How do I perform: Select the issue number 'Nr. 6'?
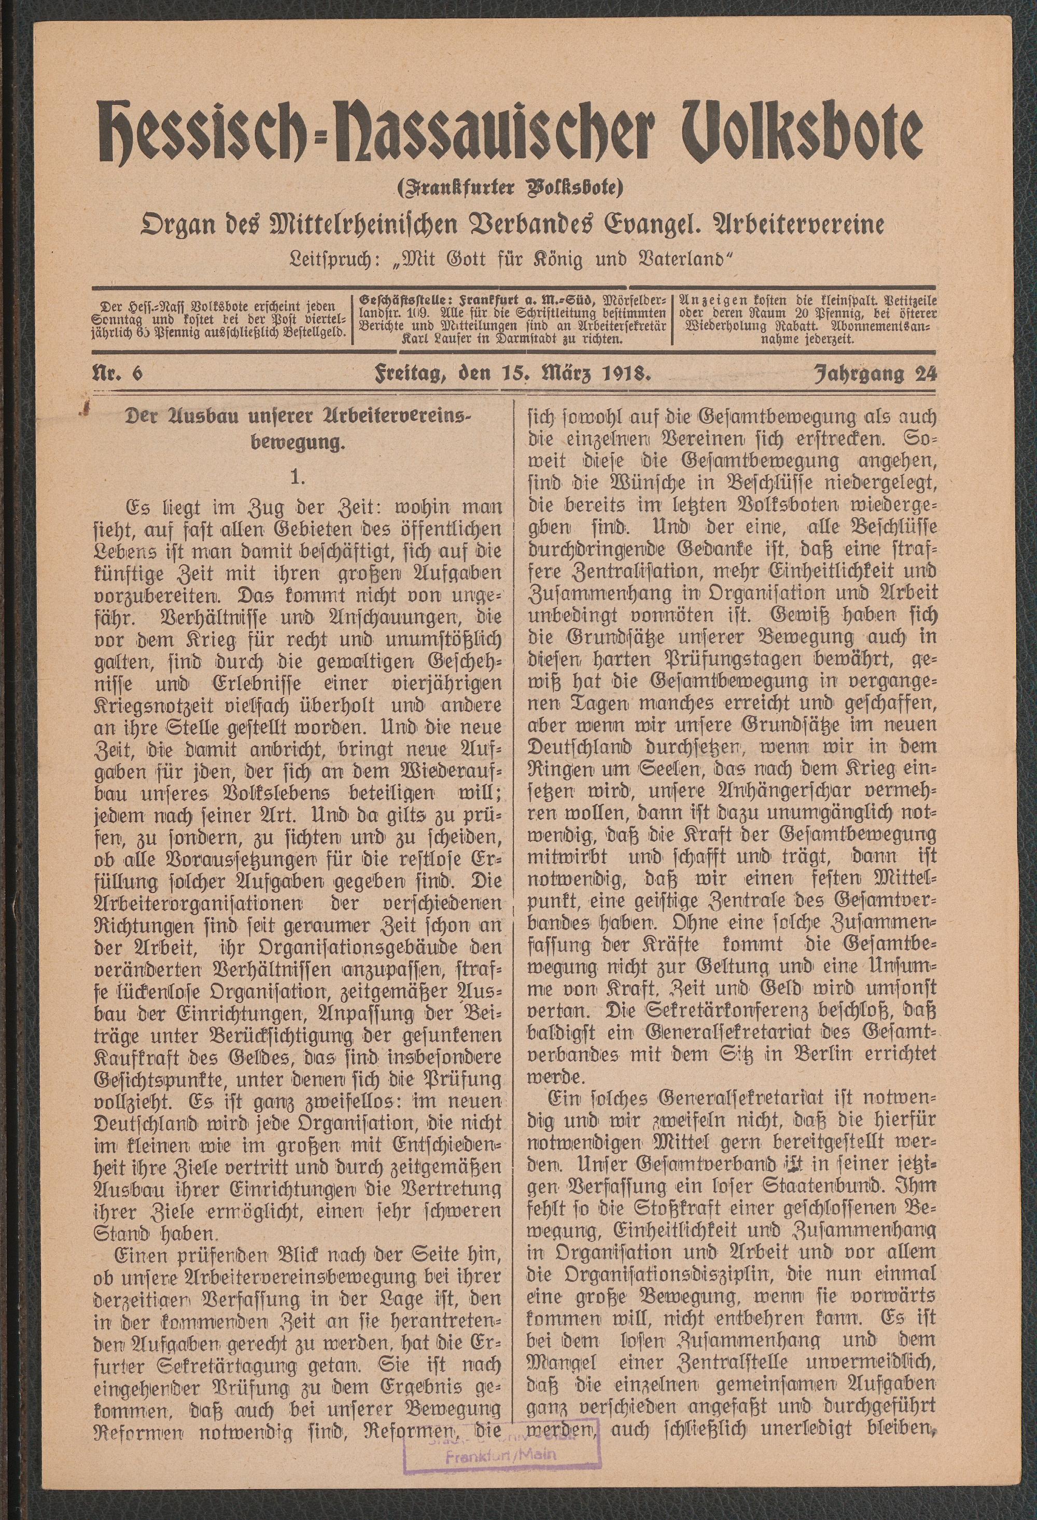click(x=118, y=374)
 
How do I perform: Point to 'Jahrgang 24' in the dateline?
click(x=875, y=374)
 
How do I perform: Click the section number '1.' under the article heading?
click(x=299, y=477)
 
